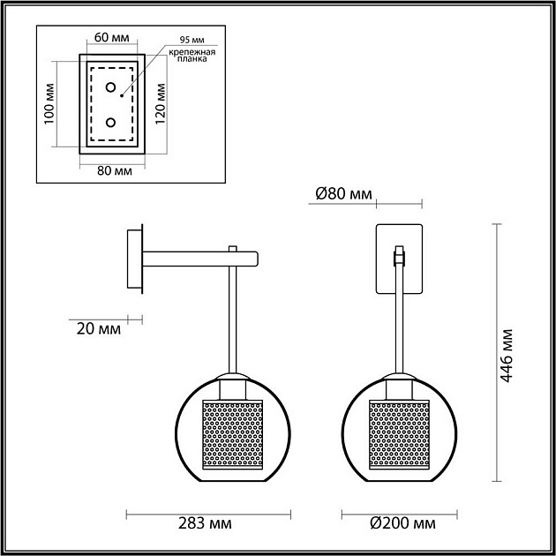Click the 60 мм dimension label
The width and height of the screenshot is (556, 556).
point(110,40)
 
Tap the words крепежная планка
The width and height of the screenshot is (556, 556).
point(190,56)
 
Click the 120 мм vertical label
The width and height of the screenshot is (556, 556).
point(161,104)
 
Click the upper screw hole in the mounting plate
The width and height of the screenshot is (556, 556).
point(111,87)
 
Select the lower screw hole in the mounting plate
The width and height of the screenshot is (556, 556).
point(111,123)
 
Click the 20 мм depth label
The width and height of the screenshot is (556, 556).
point(97,329)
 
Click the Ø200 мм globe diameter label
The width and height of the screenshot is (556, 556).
point(403,523)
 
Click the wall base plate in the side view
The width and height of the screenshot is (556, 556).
point(135,259)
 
